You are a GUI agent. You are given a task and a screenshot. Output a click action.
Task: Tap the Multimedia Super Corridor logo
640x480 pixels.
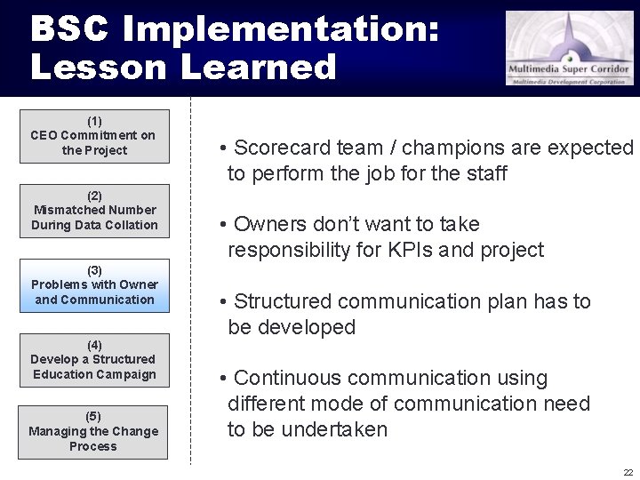point(570,48)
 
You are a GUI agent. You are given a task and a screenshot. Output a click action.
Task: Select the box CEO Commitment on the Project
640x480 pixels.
point(94,136)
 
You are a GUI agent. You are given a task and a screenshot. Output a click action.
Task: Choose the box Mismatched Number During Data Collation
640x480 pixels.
point(94,211)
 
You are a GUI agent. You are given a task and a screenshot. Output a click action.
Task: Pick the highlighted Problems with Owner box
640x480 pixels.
point(94,285)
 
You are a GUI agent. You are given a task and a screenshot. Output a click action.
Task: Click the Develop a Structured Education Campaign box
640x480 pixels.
point(94,360)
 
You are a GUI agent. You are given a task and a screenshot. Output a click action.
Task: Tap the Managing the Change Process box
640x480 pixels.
point(93,432)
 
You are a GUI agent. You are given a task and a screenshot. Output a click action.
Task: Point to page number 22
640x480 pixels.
point(628,472)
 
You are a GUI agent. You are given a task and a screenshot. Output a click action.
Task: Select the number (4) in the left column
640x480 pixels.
point(94,345)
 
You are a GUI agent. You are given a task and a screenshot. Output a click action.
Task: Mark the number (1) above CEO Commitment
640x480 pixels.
point(94,121)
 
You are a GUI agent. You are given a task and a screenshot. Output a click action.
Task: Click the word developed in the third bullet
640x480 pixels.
point(307,327)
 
